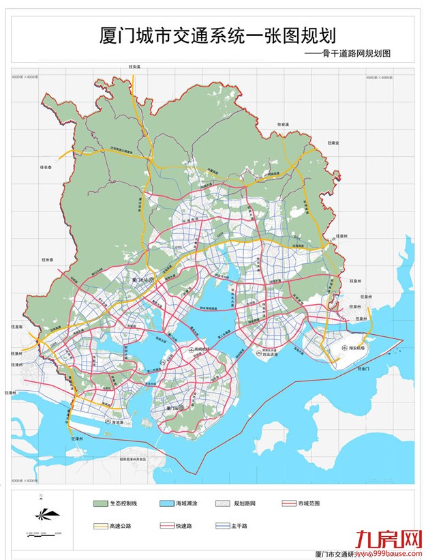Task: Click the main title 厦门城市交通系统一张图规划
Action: pos(217,35)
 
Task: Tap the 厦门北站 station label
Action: pos(140,280)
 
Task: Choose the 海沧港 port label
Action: pos(117,423)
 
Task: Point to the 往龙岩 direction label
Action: pos(17,327)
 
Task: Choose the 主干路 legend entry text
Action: pos(308,526)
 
